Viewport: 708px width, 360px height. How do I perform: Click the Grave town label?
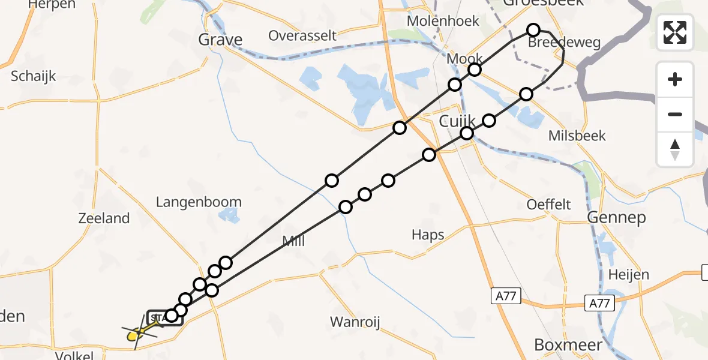click(221, 40)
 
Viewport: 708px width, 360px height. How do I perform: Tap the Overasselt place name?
click(302, 35)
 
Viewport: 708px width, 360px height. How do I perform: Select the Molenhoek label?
click(443, 21)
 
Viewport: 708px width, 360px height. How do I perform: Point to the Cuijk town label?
click(457, 121)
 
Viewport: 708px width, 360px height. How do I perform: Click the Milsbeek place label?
click(577, 136)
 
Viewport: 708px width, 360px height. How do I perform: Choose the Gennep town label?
click(616, 217)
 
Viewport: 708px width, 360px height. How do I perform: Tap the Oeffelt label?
click(548, 205)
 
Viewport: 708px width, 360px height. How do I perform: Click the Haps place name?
click(428, 234)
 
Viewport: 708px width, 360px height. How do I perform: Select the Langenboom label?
click(199, 202)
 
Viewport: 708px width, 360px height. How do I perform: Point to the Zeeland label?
click(104, 218)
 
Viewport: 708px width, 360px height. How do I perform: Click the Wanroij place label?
click(355, 322)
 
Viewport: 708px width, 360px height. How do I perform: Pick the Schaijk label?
click(34, 76)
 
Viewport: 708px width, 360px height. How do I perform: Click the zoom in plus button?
click(675, 80)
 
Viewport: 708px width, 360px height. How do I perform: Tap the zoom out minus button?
click(675, 115)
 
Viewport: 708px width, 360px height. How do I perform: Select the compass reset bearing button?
click(675, 149)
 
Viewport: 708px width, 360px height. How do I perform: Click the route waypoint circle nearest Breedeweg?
click(533, 30)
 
